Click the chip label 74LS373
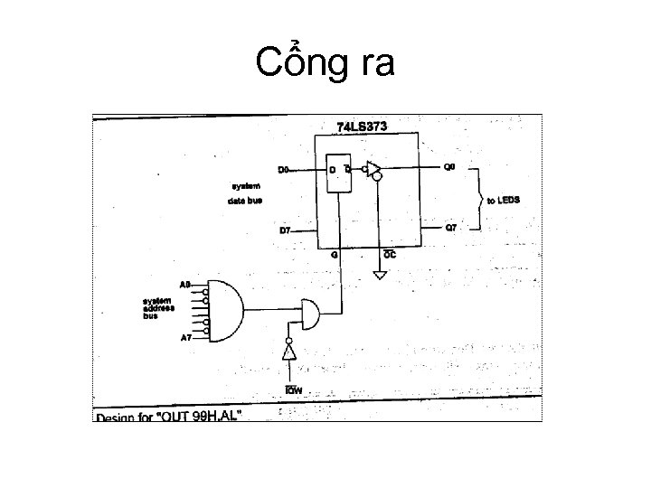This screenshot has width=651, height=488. pyautogui.click(x=362, y=127)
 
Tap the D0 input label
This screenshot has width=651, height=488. pyautogui.click(x=283, y=170)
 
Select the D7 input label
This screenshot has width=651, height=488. pyautogui.click(x=284, y=230)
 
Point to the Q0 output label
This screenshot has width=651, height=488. pyautogui.click(x=449, y=168)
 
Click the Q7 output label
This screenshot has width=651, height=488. pyautogui.click(x=450, y=228)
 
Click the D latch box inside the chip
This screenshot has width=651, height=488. pyautogui.click(x=339, y=178)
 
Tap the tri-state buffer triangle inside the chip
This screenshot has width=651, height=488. pyautogui.click(x=372, y=169)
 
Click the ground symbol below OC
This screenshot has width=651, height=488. pyautogui.click(x=380, y=275)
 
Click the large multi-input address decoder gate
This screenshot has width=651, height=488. pyautogui.click(x=227, y=310)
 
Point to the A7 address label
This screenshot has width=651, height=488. pyautogui.click(x=185, y=337)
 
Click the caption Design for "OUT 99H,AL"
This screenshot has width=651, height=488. pyautogui.click(x=169, y=417)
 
